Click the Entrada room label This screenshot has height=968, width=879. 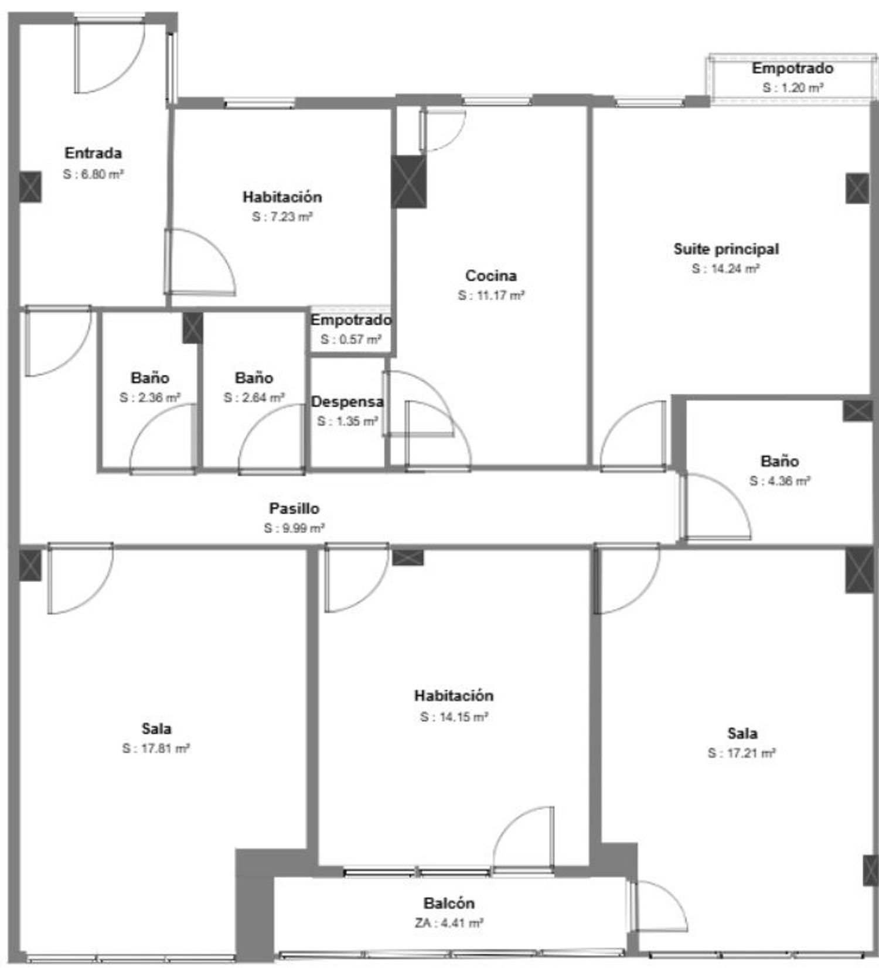tap(93, 153)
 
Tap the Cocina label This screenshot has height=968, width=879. tap(491, 275)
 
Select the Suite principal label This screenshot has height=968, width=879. tap(726, 249)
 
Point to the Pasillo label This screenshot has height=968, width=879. tap(294, 508)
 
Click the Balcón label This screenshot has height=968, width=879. tap(449, 903)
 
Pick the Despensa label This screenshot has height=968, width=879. tap(347, 402)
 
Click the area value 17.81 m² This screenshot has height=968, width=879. tap(156, 748)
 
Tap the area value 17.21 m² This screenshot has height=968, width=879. tap(742, 753)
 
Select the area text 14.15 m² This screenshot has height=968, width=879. tap(454, 717)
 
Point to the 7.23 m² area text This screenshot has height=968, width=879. tap(282, 217)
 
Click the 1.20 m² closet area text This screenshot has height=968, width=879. tap(793, 88)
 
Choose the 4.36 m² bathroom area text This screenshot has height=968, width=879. tap(780, 481)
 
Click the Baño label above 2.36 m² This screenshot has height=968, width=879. tap(150, 378)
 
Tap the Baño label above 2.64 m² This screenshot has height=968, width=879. tap(254, 378)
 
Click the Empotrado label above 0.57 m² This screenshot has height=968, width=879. tap(351, 320)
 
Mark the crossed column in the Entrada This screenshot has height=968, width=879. tap(30, 187)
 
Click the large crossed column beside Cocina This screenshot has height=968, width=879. tap(408, 181)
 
